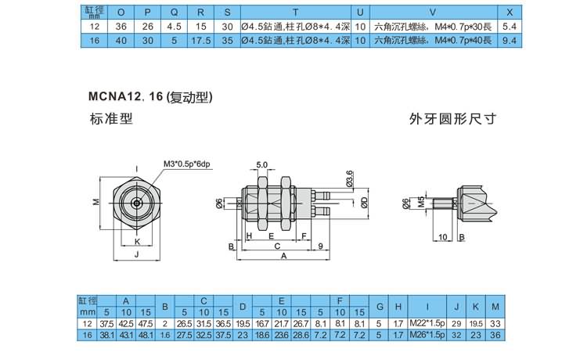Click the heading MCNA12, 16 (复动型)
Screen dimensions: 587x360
(150, 97)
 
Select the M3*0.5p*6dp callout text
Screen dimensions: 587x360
(187, 164)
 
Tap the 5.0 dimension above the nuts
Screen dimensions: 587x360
(262, 164)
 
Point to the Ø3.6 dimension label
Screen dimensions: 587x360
(350, 178)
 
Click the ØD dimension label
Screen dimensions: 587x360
(364, 203)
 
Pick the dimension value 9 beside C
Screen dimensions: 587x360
(320, 246)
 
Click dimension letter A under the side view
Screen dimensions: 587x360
(284, 256)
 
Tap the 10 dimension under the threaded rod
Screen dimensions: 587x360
(443, 237)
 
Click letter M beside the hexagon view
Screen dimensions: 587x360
(96, 202)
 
